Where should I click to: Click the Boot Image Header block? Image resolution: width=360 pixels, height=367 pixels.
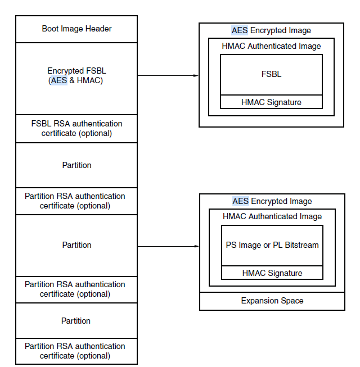(x=76, y=29)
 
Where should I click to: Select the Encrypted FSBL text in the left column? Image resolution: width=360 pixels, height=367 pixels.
(x=76, y=71)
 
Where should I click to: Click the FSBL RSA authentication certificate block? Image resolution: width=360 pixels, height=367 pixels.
(x=76, y=129)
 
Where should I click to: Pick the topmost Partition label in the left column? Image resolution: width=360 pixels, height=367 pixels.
(x=76, y=165)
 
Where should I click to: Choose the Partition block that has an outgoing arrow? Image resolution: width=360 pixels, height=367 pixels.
(x=76, y=245)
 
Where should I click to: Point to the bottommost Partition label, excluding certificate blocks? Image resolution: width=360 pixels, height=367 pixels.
(x=76, y=321)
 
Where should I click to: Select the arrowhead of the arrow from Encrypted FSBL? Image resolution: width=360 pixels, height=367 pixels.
(x=196, y=75)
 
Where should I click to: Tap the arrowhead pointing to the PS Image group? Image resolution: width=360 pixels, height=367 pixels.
(x=197, y=246)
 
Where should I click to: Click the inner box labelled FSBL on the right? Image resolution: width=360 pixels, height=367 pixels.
(x=271, y=74)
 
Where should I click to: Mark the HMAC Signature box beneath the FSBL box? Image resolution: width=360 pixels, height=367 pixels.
(x=271, y=102)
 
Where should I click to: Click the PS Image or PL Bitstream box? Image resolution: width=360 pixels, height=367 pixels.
(x=272, y=245)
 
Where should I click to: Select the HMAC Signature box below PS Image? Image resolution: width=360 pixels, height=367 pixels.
(x=272, y=273)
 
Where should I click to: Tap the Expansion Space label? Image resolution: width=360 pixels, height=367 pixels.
(x=272, y=301)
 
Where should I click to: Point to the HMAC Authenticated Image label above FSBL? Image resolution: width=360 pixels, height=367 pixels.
(x=271, y=46)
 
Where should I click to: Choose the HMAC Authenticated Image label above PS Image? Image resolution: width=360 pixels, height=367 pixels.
(x=272, y=216)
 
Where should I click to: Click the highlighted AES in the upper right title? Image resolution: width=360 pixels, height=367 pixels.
(x=240, y=30)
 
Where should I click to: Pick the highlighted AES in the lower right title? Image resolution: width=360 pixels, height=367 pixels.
(x=241, y=201)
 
